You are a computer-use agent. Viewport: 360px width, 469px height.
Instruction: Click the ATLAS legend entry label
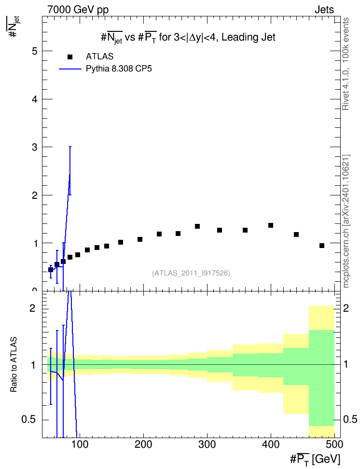click(99, 56)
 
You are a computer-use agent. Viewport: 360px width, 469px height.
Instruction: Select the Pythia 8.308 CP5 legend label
click(119, 69)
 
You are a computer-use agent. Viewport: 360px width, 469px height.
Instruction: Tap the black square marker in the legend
click(70, 57)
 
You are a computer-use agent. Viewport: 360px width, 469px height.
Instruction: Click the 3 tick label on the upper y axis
click(35, 147)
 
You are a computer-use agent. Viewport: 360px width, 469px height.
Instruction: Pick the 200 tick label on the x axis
click(143, 444)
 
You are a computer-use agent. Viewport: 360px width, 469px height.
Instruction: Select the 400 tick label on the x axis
click(271, 444)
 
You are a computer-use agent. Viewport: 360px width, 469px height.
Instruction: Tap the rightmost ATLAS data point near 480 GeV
click(322, 246)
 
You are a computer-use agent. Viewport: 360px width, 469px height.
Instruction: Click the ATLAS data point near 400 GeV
click(271, 225)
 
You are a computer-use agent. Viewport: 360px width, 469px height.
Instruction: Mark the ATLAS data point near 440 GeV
click(296, 234)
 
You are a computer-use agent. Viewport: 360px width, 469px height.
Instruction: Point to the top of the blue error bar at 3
click(70, 147)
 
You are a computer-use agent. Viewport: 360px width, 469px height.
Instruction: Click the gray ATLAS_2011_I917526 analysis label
click(191, 273)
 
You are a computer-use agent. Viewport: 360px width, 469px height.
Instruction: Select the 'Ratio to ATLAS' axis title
click(14, 364)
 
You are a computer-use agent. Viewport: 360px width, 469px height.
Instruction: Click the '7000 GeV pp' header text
click(78, 10)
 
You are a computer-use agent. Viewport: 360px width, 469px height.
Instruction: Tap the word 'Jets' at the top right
click(324, 10)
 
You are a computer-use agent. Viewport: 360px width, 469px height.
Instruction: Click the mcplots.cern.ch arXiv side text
click(346, 221)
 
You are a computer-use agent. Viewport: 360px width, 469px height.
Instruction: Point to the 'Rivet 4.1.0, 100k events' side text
click(346, 64)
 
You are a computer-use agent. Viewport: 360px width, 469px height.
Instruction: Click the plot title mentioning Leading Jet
click(188, 38)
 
